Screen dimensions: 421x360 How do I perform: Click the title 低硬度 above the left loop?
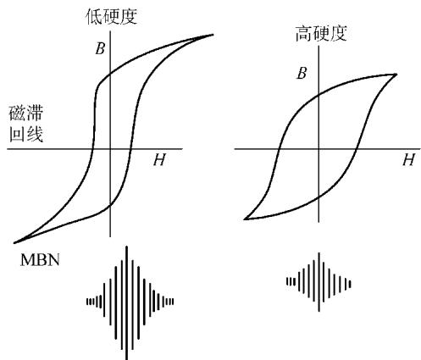tap(112, 16)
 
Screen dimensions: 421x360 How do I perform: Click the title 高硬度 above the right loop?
tap(321, 34)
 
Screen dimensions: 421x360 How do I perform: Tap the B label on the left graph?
tap(100, 48)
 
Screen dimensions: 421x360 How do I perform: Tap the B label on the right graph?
tap(302, 74)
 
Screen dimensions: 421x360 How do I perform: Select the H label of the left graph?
tap(159, 160)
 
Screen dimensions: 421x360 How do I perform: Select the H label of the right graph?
tap(408, 160)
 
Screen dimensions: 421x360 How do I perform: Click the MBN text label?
tap(40, 260)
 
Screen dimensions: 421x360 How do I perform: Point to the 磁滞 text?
tap(26, 114)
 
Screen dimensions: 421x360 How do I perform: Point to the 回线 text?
tap(26, 134)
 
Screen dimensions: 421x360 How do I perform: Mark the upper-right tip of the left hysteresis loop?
tap(213, 35)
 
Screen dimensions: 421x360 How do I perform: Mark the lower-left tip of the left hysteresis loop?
tap(14, 242)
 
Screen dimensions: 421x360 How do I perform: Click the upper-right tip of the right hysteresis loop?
tap(396, 75)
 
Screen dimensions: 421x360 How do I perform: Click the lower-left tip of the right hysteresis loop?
tap(245, 219)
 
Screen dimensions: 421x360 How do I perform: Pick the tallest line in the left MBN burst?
tap(127, 302)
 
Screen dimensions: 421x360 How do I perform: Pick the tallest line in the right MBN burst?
tap(319, 282)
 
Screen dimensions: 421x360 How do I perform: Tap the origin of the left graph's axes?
tap(110, 148)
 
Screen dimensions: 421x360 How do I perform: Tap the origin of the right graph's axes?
tap(319, 148)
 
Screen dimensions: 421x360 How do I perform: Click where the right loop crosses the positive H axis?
tap(357, 148)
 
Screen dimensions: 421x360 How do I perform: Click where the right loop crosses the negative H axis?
tap(280, 148)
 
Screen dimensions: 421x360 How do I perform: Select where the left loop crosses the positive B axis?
tap(110, 75)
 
